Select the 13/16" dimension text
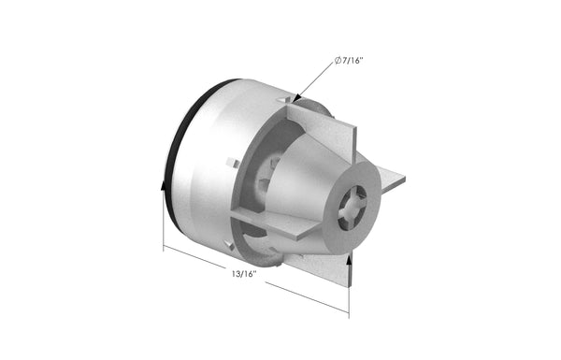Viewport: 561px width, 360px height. pos(242,274)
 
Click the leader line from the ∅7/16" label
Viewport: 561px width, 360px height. pos(318,78)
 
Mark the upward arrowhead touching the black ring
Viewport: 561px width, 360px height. pos(165,187)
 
